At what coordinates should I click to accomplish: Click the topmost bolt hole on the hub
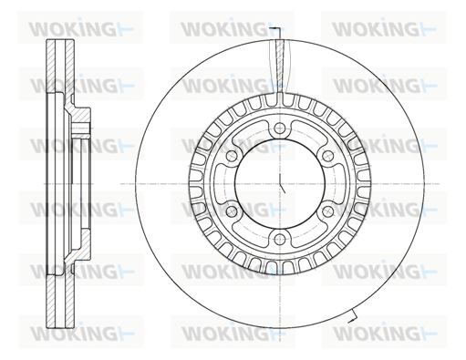(280, 129)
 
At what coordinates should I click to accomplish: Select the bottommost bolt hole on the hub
(280, 239)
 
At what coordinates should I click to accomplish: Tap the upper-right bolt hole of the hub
(327, 156)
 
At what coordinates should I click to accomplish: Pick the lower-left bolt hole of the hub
(233, 211)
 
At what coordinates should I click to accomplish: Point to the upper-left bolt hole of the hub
(233, 156)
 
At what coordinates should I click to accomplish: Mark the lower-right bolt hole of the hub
(327, 211)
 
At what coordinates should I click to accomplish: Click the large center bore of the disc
(280, 184)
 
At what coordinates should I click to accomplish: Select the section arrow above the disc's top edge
(276, 30)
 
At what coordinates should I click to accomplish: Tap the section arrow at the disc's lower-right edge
(353, 316)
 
